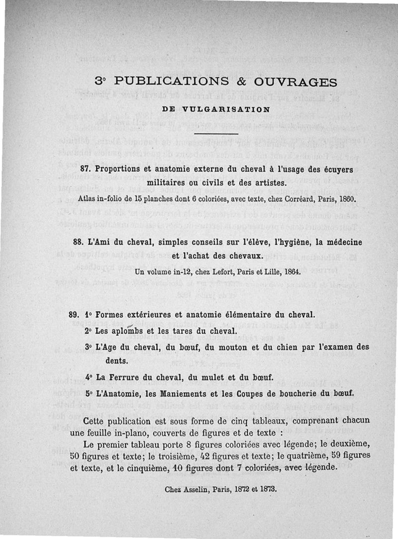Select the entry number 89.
pyautogui.click(x=75, y=315)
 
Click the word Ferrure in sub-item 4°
pyautogui.click(x=126, y=377)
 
